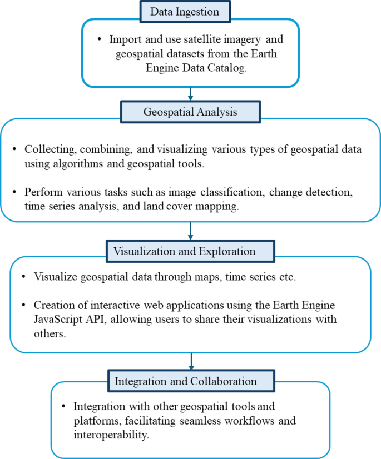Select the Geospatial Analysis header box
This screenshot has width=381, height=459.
[x=190, y=112]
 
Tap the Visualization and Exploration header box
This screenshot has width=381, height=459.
[x=190, y=251]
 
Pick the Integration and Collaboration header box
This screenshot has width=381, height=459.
[x=190, y=381]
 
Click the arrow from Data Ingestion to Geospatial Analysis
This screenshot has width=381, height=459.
[x=190, y=94]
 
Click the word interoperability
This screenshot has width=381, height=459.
[x=111, y=435]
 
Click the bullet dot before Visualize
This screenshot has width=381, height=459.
[x=23, y=277]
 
